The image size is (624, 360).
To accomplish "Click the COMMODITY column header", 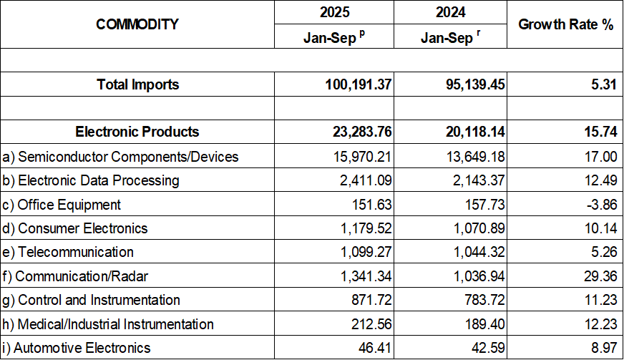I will click(137, 24).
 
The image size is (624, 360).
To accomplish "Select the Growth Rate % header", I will click(565, 24).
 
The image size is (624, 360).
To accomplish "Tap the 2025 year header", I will click(333, 12).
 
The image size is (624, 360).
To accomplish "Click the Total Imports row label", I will click(137, 84).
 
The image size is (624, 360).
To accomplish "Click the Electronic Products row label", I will click(137, 132).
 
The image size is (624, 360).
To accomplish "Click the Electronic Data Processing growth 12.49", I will click(599, 180).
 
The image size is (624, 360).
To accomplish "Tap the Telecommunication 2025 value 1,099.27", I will click(361, 252).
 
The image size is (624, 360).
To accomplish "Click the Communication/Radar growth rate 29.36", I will click(599, 276).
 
